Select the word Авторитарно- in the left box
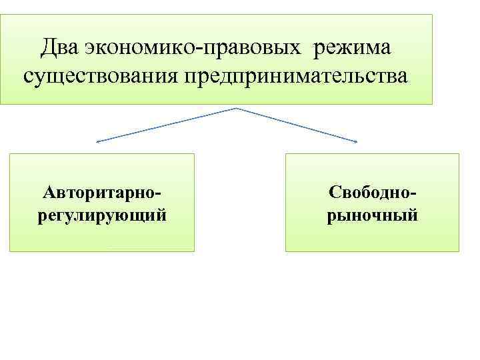102,193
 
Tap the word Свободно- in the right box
373,193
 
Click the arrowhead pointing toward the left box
97,141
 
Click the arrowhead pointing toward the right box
356,141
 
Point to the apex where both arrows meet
236,108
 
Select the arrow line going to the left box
167,125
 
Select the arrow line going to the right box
297,125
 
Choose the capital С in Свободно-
333,193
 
